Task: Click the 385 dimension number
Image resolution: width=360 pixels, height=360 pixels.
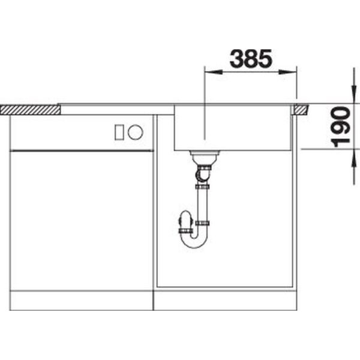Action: [x=251, y=59]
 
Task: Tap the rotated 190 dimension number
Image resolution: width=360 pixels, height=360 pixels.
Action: [x=341, y=127]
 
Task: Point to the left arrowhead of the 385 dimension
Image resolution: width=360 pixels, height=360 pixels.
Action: [x=213, y=72]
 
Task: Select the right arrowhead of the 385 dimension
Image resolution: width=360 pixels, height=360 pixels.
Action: [x=287, y=72]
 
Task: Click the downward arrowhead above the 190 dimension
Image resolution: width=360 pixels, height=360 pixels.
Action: [x=354, y=95]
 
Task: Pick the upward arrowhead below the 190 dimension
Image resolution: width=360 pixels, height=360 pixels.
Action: [x=354, y=158]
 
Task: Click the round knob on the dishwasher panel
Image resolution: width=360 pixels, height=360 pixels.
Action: [x=136, y=132]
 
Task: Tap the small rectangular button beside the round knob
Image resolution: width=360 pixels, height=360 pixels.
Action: [x=119, y=132]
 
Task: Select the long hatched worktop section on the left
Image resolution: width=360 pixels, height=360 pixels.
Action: [x=30, y=110]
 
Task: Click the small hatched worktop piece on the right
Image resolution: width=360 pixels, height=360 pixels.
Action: [x=301, y=110]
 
